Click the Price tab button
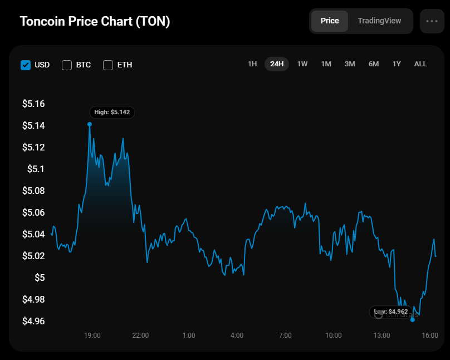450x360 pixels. pos(330,21)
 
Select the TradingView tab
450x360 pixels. pos(379,21)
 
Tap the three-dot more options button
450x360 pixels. pos(432,21)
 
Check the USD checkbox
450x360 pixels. pos(26,65)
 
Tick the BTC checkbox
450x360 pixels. pos(67,65)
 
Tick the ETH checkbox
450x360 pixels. pos(108,65)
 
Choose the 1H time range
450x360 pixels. pos(252,64)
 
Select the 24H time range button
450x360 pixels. pos(277,64)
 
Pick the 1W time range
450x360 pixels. pos(302,64)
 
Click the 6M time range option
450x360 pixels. pos(374,64)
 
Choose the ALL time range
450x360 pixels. pos(420,64)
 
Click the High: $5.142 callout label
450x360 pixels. pos(111,112)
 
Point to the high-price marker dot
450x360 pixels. pos(90,124)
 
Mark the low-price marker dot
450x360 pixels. pos(413,320)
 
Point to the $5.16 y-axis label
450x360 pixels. pos(33,104)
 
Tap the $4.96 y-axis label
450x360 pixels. pos(33,321)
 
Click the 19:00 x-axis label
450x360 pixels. pos(92,335)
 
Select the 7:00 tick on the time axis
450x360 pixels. pos(285,335)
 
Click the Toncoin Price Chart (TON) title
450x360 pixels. pos(95,21)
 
